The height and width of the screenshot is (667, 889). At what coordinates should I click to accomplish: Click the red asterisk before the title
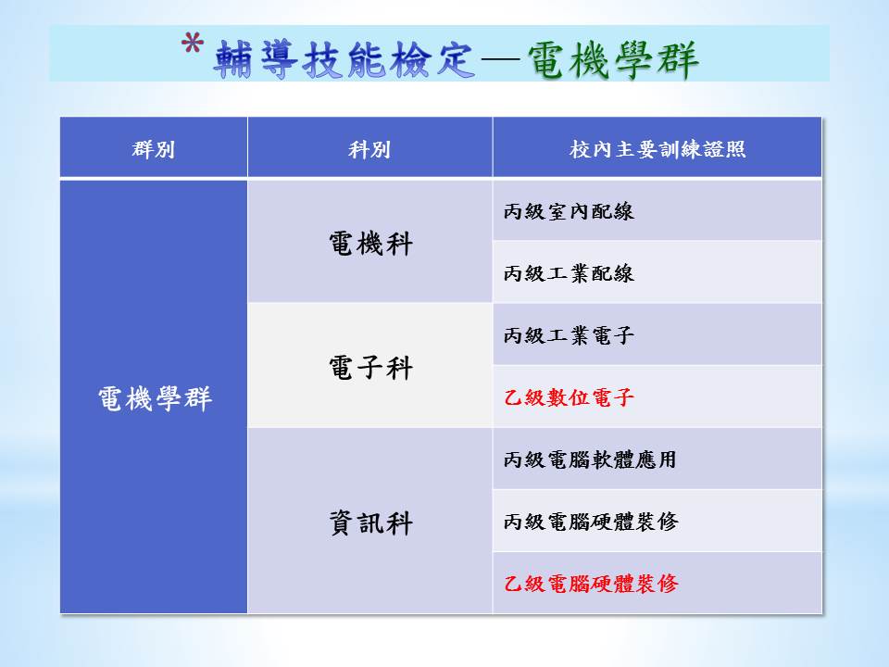193,44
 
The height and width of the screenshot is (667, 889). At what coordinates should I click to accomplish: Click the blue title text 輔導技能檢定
344,59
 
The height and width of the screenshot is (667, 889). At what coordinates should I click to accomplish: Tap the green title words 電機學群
613,59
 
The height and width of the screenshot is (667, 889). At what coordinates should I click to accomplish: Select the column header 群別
153,149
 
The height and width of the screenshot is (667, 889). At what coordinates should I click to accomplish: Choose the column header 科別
369,149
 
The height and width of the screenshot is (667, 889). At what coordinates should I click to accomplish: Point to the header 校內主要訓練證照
657,149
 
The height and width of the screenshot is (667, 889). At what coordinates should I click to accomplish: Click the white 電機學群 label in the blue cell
155,398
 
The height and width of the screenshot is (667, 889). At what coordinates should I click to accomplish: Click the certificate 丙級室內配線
569,211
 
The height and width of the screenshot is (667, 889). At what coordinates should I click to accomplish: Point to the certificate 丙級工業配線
569,273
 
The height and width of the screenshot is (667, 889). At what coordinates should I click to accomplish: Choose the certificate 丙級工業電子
569,335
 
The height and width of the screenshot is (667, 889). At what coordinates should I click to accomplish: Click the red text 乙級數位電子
569,397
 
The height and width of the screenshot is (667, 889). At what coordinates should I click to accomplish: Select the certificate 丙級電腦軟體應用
590,459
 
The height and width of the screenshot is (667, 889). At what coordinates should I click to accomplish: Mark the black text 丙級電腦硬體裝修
591,522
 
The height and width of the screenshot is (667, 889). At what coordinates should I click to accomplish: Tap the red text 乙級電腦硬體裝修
591,583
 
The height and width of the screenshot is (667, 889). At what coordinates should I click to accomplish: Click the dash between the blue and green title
501,59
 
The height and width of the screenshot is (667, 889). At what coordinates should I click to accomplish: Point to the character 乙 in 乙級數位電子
513,397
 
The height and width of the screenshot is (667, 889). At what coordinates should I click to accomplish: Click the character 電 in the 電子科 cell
342,368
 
